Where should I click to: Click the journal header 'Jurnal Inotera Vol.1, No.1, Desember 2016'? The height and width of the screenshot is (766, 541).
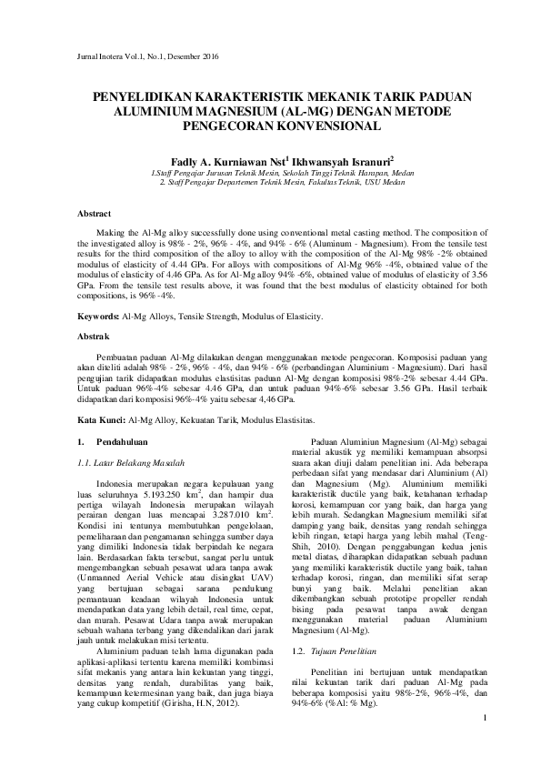click(x=144, y=57)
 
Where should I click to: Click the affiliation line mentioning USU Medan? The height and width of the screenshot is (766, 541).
click(x=276, y=181)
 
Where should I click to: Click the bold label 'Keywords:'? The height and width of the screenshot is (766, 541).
click(x=99, y=316)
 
